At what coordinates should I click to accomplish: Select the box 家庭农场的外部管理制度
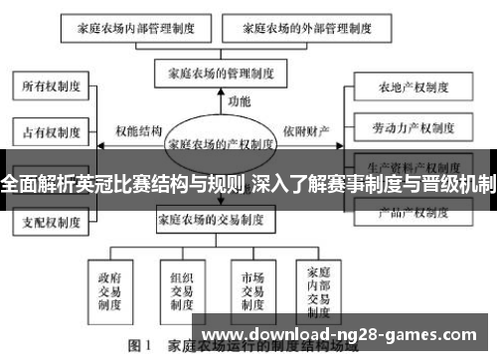tap(310, 28)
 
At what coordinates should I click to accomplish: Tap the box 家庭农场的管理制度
tap(222, 73)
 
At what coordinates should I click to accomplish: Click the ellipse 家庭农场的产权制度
tap(222, 143)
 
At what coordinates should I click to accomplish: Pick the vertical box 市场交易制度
tap(250, 286)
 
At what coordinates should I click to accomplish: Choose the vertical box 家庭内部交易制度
tap(323, 286)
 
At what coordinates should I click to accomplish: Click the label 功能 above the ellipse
tap(239, 101)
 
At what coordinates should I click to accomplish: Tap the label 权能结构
tap(138, 130)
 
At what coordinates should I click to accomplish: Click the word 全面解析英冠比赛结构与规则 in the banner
tap(121, 184)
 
